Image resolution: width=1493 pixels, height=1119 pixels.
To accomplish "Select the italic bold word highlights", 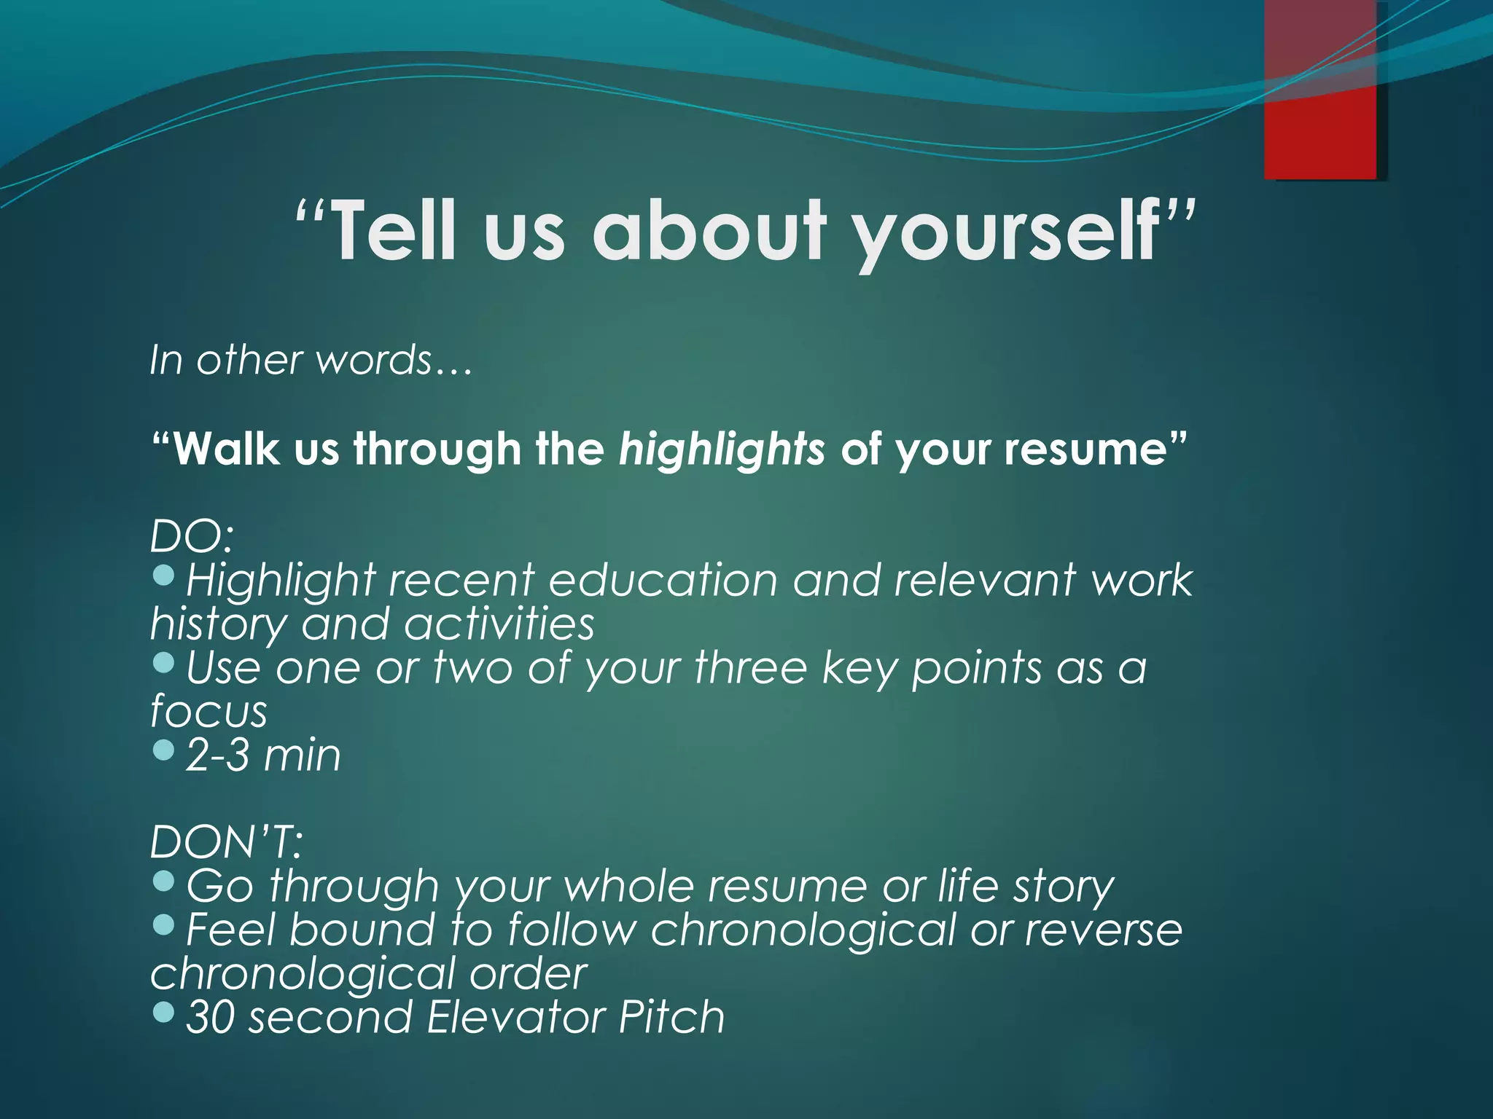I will coord(722,449).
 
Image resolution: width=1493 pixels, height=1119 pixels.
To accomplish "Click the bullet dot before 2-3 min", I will coord(165,750).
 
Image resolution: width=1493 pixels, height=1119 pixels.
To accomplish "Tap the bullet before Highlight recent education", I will coord(165,576).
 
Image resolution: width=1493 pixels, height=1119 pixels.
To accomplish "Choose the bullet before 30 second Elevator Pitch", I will coord(165,1012).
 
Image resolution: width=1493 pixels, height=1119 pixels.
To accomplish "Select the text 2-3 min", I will coord(263,755).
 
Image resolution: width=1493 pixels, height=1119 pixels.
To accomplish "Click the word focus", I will coord(208,712).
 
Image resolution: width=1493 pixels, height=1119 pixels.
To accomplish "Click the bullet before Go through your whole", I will coord(165,881).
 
